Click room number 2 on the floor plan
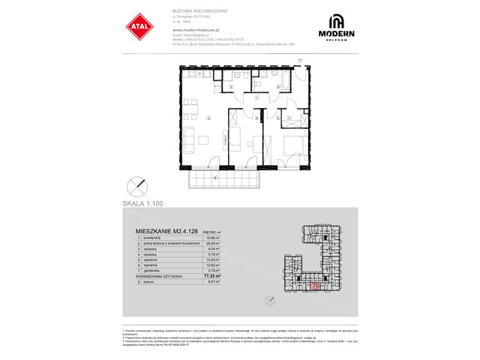coord(208,118)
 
